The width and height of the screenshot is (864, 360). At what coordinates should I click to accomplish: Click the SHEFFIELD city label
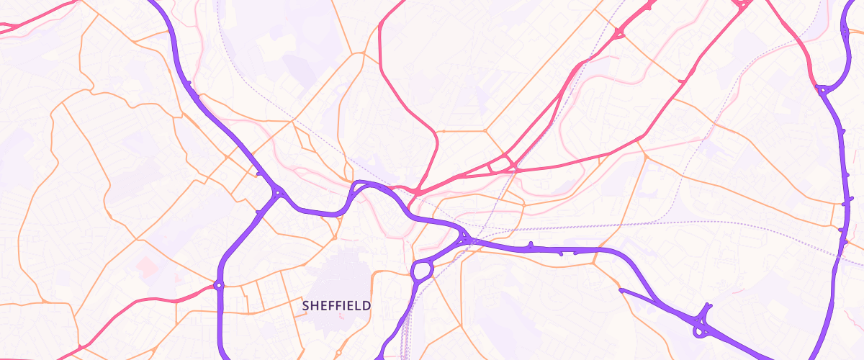pyautogui.click(x=337, y=305)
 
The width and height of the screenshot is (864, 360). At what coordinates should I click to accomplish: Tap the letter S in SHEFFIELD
pyautogui.click(x=306, y=305)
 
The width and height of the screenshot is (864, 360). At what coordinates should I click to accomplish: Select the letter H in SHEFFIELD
pyautogui.click(x=315, y=305)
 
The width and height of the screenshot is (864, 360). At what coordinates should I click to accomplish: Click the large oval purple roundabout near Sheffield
pyautogui.click(x=420, y=271)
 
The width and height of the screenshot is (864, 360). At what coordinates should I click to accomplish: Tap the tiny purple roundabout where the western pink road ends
pyautogui.click(x=218, y=285)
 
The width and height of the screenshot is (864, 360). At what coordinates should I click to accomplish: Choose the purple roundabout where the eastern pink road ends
pyautogui.click(x=822, y=89)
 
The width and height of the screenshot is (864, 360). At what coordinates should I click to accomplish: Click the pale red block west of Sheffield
pyautogui.click(x=147, y=268)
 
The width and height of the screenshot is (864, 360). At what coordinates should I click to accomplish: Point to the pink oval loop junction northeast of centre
pyautogui.click(x=500, y=164)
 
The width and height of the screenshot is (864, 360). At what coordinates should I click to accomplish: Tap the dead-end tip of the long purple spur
pyautogui.click(x=621, y=290)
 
